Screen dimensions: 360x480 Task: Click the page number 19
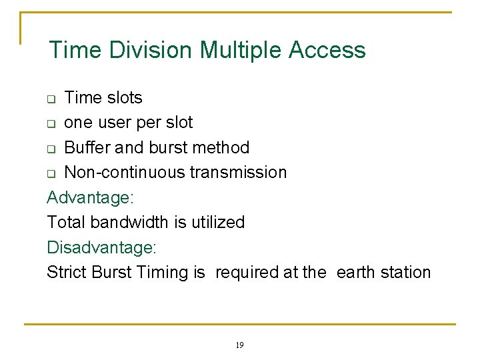pyautogui.click(x=240, y=345)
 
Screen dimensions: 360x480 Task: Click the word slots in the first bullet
pyautogui.click(x=123, y=97)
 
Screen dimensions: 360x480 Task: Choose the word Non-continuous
pyautogui.click(x=124, y=172)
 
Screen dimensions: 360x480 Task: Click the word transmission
pyautogui.click(x=239, y=172)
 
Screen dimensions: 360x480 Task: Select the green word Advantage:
pyautogui.click(x=91, y=197)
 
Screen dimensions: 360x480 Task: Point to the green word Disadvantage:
pyautogui.click(x=101, y=247)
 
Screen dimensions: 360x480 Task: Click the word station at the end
pyautogui.click(x=408, y=272)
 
